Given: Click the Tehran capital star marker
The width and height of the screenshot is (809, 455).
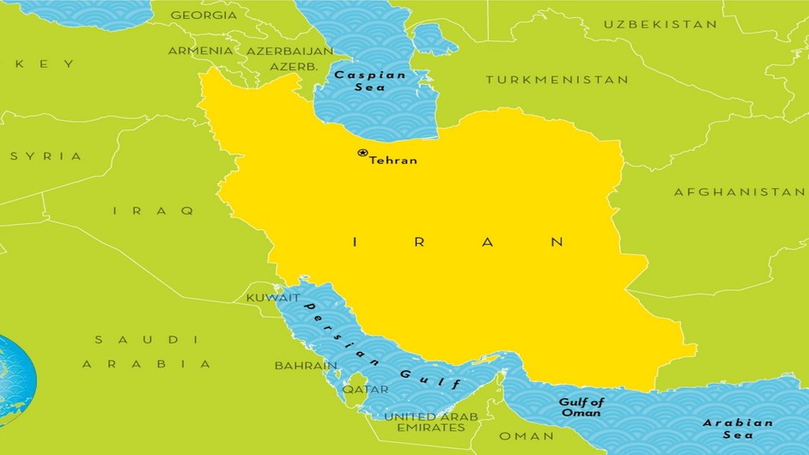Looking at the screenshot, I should tap(362, 153).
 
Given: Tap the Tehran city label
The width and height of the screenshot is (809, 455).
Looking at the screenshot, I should tap(393, 161).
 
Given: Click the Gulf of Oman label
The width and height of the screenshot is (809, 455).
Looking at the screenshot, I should tap(581, 407).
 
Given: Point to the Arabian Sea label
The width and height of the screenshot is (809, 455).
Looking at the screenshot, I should tap(738, 429).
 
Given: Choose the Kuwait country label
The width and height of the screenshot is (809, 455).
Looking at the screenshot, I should tap(273, 298).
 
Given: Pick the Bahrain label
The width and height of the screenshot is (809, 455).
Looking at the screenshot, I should tap(306, 366).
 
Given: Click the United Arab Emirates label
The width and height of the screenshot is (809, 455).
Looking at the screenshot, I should tap(424, 422).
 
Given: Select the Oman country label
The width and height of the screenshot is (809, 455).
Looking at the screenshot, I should tap(526, 436).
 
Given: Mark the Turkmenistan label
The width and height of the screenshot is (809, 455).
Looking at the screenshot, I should tap(557, 80).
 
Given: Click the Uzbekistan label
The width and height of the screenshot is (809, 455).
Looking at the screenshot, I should tap(660, 24).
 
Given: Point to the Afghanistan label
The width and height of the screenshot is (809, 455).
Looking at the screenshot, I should tap(739, 191).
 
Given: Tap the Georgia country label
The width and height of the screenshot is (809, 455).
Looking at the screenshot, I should tap(204, 15).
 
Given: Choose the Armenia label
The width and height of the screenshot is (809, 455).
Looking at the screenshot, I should tap(200, 51).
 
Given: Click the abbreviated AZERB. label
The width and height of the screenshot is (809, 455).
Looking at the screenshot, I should tap(295, 66).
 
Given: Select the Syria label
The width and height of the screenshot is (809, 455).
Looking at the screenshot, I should tap(46, 156).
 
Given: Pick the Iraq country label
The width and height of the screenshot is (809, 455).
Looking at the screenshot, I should tap(154, 210).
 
